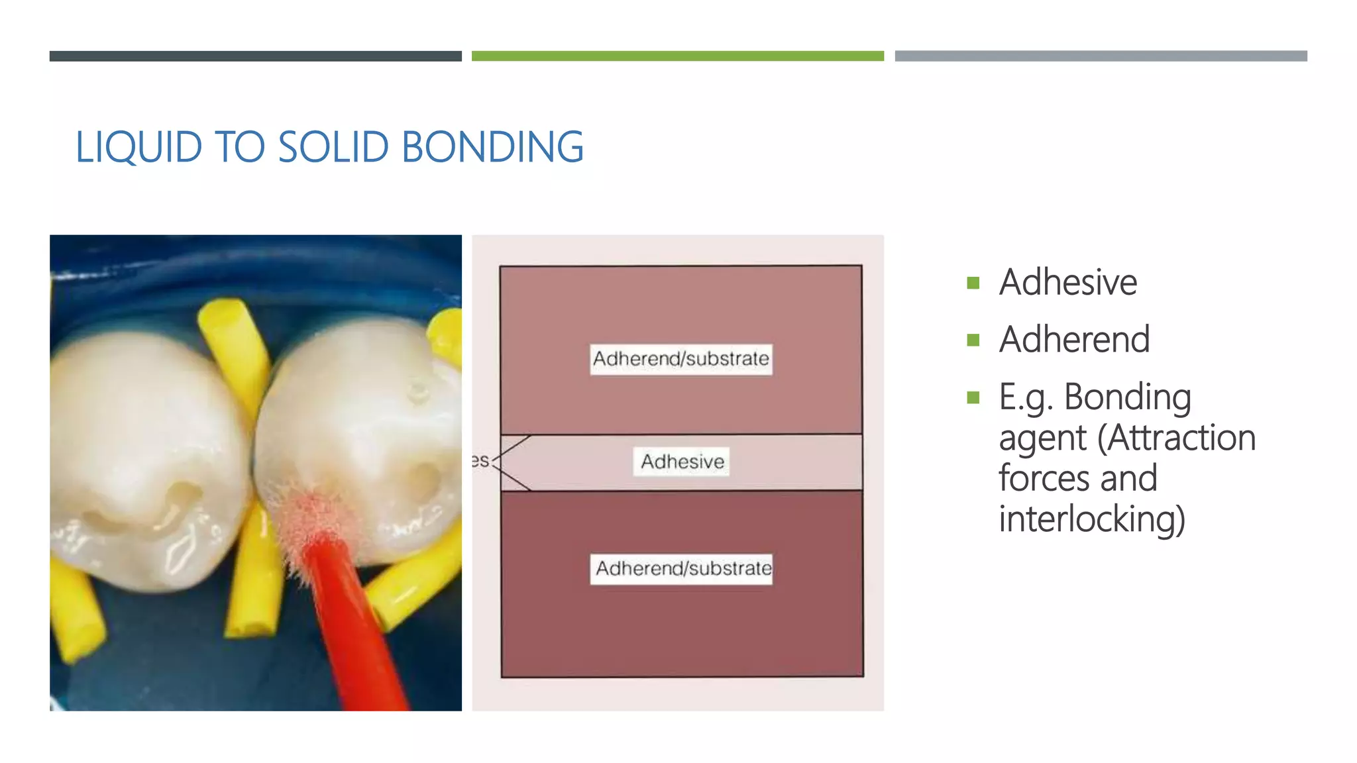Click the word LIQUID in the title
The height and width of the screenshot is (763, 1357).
138,147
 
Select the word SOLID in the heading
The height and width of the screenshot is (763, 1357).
333,147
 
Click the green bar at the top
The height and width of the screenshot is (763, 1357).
677,56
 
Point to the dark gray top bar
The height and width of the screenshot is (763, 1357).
255,56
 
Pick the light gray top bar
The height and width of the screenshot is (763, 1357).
1101,56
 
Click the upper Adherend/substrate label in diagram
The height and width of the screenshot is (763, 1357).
680,359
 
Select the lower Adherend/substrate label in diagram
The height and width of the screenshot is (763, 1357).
682,569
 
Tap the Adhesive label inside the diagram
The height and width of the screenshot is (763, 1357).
682,462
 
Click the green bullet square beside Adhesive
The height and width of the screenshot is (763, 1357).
973,283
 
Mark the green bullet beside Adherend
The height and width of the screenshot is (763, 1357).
973,340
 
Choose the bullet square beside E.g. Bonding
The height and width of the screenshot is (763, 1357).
973,397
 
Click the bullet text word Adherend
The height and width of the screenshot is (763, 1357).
1074,340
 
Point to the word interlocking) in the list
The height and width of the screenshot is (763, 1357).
1091,519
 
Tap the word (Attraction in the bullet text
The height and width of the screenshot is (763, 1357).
1176,438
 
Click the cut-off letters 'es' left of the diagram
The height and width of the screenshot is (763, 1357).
480,460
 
